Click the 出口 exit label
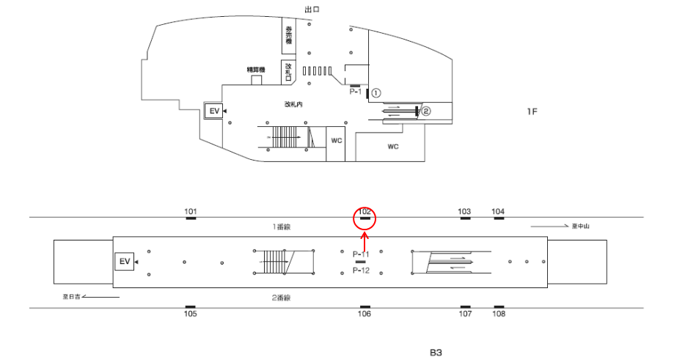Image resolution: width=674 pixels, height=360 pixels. (312, 10)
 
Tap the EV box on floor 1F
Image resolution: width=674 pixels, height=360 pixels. (214, 111)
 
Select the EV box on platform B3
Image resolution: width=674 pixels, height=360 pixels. (124, 261)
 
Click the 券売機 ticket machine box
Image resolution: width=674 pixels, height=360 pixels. (289, 35)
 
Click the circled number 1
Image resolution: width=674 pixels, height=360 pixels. (376, 93)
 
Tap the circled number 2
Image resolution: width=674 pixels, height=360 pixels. (425, 111)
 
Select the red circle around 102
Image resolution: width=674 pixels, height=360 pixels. (365, 218)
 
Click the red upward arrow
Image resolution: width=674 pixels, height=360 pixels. (365, 239)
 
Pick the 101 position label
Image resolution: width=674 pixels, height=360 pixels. (191, 212)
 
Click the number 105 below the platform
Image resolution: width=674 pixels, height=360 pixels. (191, 314)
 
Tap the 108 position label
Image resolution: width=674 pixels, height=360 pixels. (499, 314)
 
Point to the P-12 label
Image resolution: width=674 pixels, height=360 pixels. (360, 271)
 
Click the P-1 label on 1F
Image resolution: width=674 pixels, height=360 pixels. (355, 92)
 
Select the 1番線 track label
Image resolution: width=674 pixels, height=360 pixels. (282, 227)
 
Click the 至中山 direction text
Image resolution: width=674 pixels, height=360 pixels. (581, 227)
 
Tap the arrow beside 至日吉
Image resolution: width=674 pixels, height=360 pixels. (103, 297)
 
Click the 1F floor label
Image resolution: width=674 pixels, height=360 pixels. (532, 111)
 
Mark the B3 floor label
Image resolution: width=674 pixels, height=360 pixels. (436, 352)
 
